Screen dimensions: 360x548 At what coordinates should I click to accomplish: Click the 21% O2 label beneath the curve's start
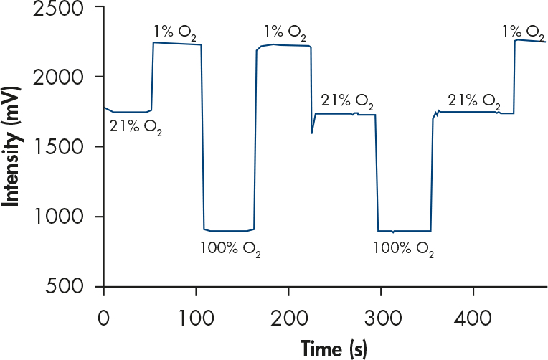click(x=135, y=128)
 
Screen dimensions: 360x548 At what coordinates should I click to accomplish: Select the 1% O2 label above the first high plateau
click(x=175, y=33)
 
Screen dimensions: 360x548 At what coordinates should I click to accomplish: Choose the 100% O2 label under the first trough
click(x=230, y=249)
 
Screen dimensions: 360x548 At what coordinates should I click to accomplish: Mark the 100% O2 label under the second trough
click(x=404, y=249)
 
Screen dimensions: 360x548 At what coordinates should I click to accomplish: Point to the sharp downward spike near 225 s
click(x=311, y=132)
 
